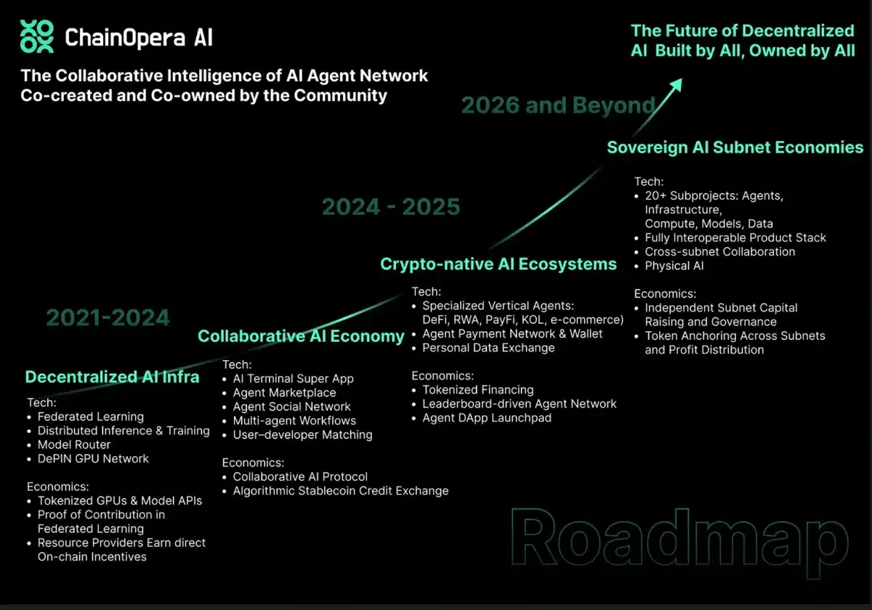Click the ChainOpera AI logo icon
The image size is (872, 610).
pyautogui.click(x=37, y=37)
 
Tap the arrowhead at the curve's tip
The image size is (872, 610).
pyautogui.click(x=677, y=85)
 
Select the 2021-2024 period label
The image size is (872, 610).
pyautogui.click(x=108, y=317)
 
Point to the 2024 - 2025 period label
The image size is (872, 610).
pyautogui.click(x=391, y=207)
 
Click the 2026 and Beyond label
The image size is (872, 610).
pyautogui.click(x=558, y=106)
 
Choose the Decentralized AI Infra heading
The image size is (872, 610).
pyautogui.click(x=112, y=376)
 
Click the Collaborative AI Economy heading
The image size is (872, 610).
pyautogui.click(x=301, y=336)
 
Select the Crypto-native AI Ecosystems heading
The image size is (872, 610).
pyautogui.click(x=498, y=264)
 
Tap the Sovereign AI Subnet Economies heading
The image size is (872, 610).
pyautogui.click(x=735, y=147)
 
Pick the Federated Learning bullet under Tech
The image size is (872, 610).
pyautogui.click(x=91, y=417)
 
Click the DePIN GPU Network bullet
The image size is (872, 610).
pyautogui.click(x=93, y=459)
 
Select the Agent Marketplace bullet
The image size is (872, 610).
pyautogui.click(x=284, y=393)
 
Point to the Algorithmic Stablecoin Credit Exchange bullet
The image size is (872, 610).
pyautogui.click(x=340, y=491)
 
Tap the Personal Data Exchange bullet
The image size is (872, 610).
pyautogui.click(x=488, y=348)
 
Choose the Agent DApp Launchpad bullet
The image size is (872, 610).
pyautogui.click(x=487, y=418)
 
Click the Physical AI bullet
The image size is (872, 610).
pyautogui.click(x=674, y=266)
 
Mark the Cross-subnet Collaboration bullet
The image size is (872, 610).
pyautogui.click(x=719, y=252)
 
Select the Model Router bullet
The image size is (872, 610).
pyautogui.click(x=74, y=444)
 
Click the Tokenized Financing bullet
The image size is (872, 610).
pyautogui.click(x=478, y=390)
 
